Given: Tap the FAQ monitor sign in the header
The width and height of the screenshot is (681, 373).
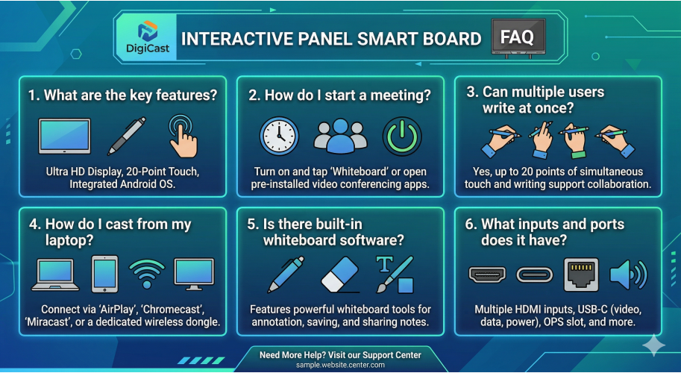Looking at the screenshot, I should tap(518, 35).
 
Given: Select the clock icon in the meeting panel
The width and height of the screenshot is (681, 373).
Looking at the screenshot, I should tap(279, 136).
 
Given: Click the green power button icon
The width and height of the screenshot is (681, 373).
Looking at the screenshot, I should tap(402, 136).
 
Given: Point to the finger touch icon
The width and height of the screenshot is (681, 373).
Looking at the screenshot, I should tap(182, 135).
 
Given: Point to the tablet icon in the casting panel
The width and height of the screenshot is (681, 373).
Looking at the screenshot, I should tap(104, 274).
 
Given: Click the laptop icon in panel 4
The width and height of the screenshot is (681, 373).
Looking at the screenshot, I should tap(55, 275).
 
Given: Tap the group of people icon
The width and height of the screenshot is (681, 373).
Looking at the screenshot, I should tap(341, 136).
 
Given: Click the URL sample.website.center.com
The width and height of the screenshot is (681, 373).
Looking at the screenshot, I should tap(340, 365).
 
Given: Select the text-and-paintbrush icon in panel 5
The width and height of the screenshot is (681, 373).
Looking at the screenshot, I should tap(395, 274).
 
